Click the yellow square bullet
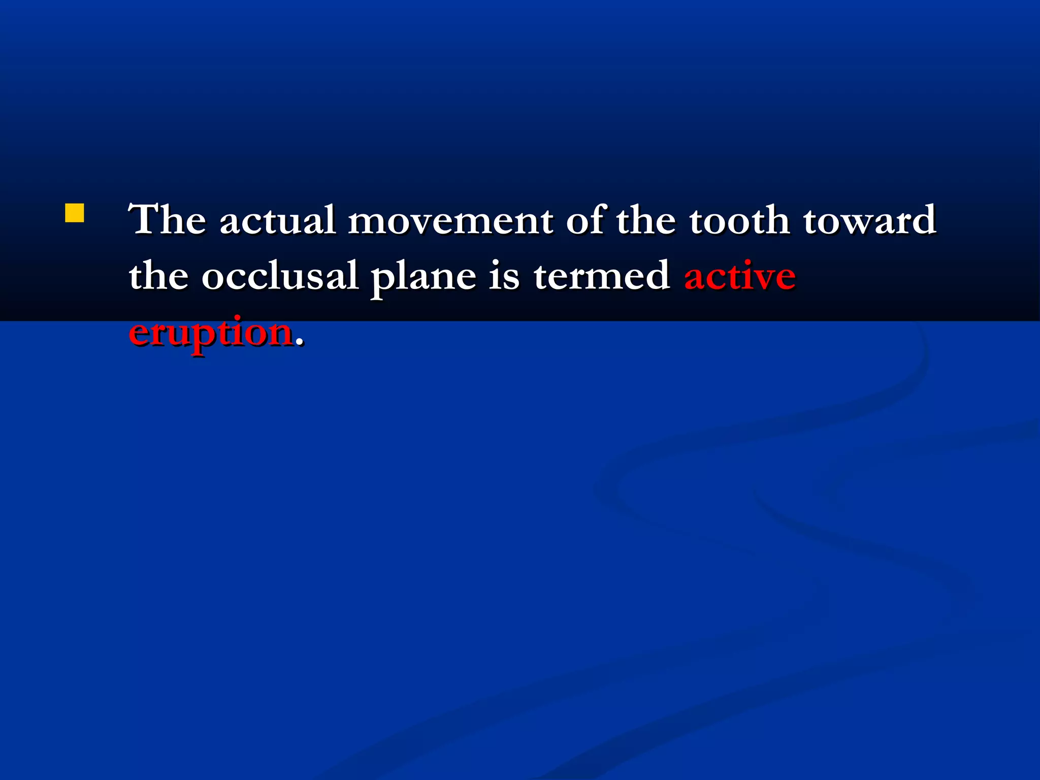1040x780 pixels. click(x=75, y=213)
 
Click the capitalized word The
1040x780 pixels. click(x=167, y=220)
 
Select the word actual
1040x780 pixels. click(x=278, y=220)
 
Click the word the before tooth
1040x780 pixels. click(x=646, y=220)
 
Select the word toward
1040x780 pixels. click(x=869, y=220)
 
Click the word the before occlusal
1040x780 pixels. click(x=158, y=276)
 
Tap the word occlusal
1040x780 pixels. click(x=280, y=276)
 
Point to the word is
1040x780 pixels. click(x=504, y=276)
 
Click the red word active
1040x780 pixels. click(x=740, y=276)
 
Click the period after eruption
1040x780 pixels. click(x=300, y=343)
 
